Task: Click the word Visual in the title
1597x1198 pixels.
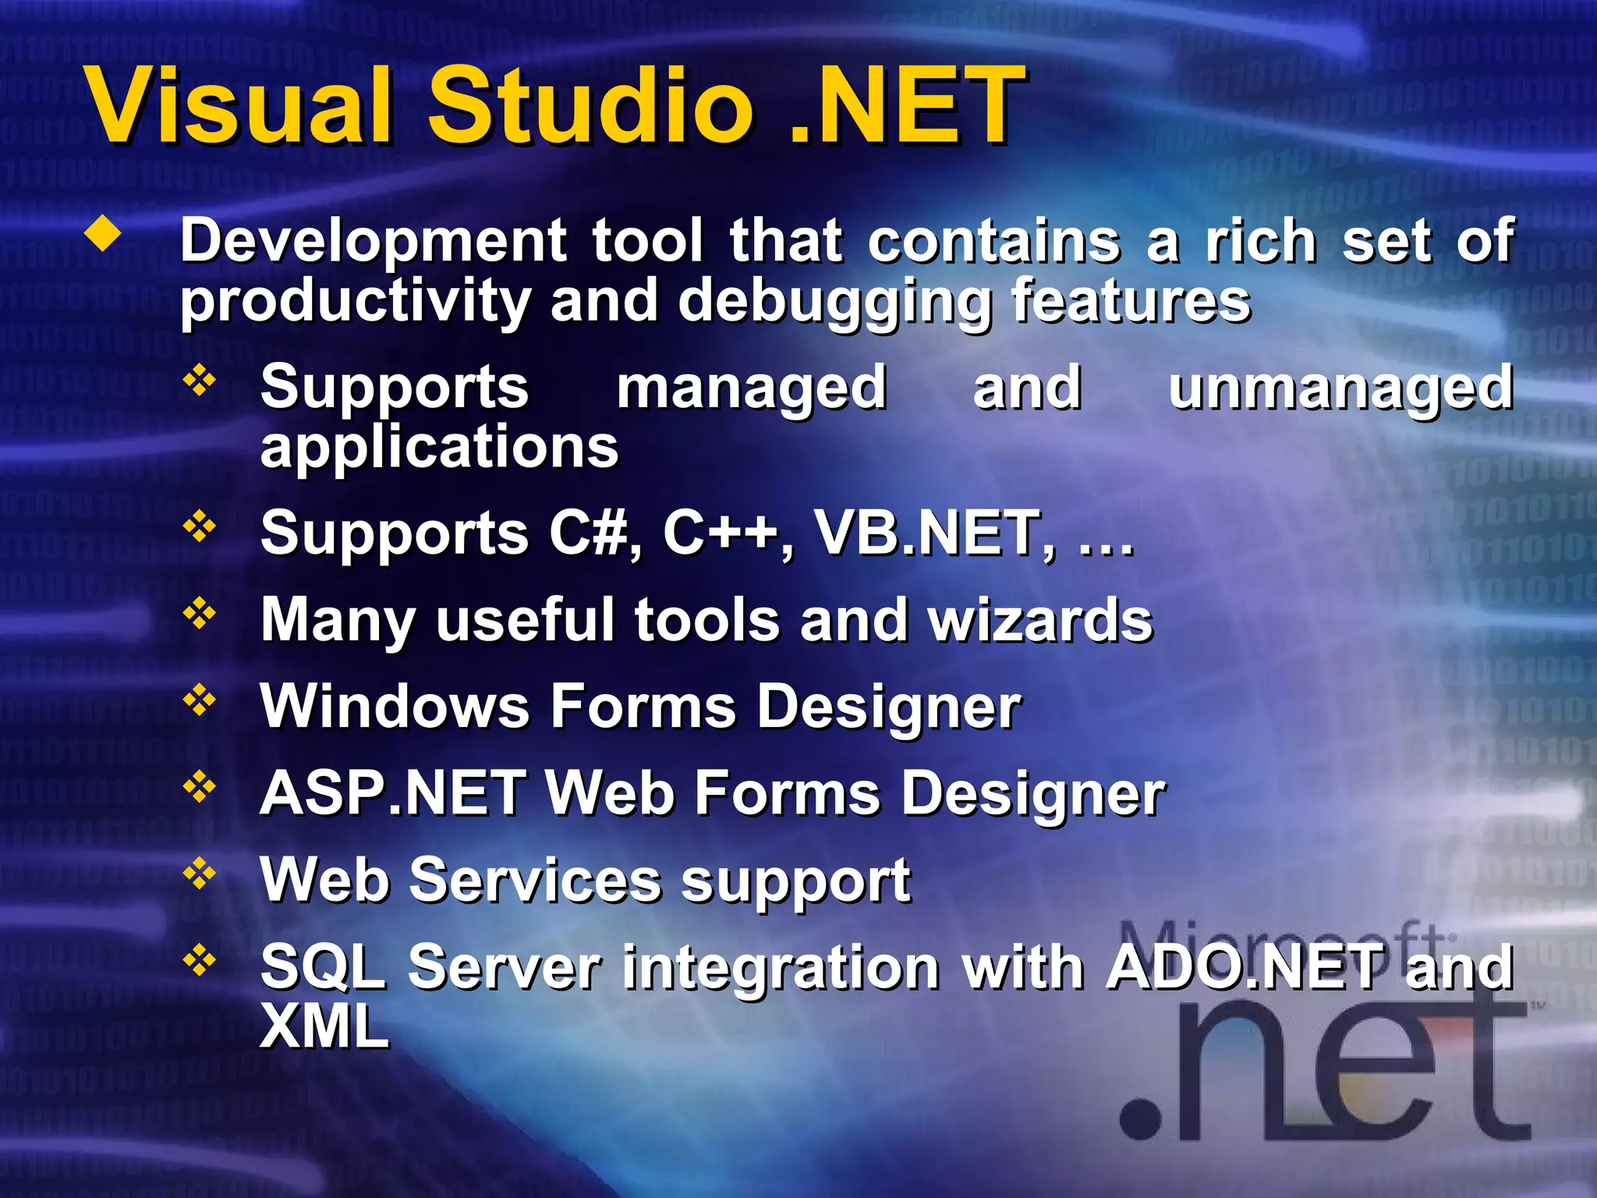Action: click(x=238, y=105)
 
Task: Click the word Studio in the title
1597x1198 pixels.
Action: click(x=590, y=105)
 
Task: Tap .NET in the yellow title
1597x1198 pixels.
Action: click(x=905, y=105)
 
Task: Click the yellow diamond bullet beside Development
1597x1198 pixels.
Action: click(x=104, y=235)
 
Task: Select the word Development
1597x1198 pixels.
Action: click(x=374, y=242)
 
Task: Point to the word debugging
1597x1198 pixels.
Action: click(x=834, y=303)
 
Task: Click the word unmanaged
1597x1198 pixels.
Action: click(x=1340, y=388)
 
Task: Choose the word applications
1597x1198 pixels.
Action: click(x=439, y=448)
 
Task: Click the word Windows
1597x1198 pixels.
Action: click(x=394, y=707)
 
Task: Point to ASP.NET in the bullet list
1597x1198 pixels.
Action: click(x=392, y=793)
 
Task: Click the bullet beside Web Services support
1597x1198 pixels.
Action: click(x=200, y=873)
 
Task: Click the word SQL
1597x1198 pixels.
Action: click(x=322, y=967)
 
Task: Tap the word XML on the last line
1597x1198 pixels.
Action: click(x=324, y=1026)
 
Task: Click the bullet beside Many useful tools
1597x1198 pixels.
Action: click(x=200, y=613)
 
